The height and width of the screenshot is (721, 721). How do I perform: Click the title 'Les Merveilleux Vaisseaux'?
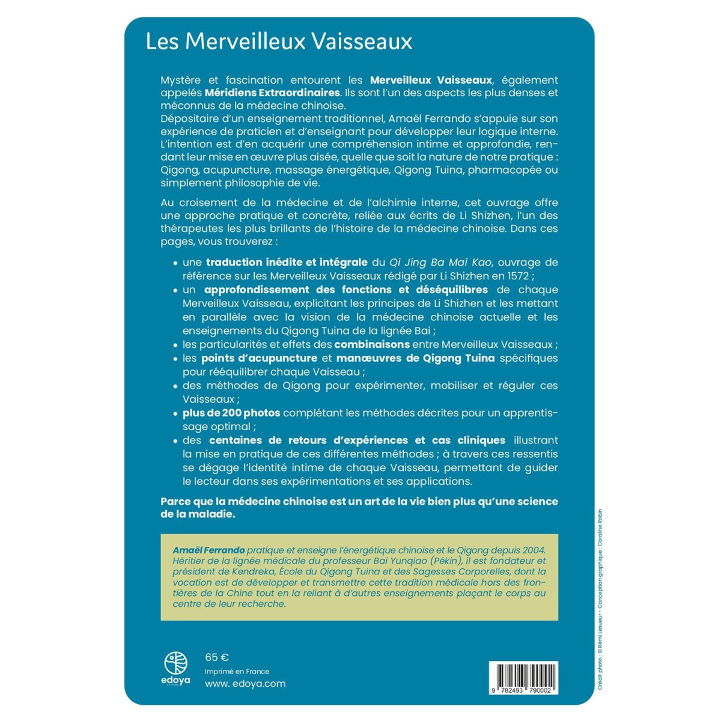coord(279,41)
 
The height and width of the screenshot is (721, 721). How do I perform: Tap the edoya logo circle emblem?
coord(176,663)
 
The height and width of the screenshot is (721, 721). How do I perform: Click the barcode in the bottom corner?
coord(523,675)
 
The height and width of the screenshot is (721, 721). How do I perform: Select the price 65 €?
coord(217,657)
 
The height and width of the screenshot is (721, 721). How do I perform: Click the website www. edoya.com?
coord(245,683)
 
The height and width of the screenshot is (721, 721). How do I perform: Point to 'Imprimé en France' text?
coord(237,671)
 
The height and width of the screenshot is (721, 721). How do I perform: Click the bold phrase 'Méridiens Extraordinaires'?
coord(272,93)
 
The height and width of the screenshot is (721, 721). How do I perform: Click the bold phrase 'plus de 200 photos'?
coord(231,413)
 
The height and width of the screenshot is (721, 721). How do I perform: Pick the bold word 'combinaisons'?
coord(372,344)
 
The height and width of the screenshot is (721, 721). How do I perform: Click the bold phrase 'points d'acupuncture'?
coord(259,358)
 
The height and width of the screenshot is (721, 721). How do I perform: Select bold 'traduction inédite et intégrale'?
coord(287,262)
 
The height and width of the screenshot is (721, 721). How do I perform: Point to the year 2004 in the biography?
coord(533,550)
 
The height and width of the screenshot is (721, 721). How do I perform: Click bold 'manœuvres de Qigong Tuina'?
coord(416,358)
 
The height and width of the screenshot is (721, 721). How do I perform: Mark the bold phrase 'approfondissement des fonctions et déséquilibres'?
coord(346,290)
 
